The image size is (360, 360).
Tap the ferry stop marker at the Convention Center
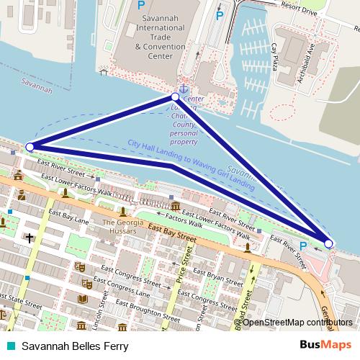click(x=175, y=96)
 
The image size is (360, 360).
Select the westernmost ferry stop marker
click(x=30, y=147)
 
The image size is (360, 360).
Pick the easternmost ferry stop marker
click(x=328, y=243)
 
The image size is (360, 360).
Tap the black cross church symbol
click(x=30, y=237)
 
